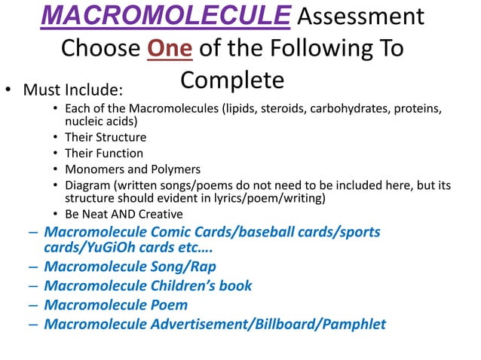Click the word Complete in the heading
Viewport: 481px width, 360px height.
click(x=232, y=81)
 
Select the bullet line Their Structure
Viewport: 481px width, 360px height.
click(x=106, y=137)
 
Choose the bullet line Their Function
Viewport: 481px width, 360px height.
click(x=104, y=153)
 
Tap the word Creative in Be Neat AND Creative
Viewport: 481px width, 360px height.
click(x=157, y=214)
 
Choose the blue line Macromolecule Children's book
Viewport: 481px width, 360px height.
click(x=148, y=285)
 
